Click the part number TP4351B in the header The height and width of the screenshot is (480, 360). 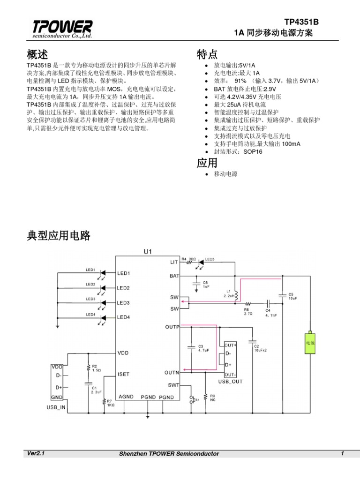coord(301,22)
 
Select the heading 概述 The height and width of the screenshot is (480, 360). coord(37,54)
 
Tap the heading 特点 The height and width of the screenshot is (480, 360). coord(208,55)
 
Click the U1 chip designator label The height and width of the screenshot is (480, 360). coord(148,252)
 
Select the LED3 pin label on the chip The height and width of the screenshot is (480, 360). coord(123,303)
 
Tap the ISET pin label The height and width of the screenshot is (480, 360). coord(123,374)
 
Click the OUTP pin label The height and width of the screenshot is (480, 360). coord(172,326)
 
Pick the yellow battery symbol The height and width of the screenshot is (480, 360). coord(310,343)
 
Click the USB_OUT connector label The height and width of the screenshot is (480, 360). coord(230,382)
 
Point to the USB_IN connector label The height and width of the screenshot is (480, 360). coord(56,408)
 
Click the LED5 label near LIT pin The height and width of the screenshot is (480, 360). coord(210,259)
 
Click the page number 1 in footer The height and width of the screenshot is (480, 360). coord(343,453)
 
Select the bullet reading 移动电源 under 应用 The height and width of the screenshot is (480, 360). coord(225,174)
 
